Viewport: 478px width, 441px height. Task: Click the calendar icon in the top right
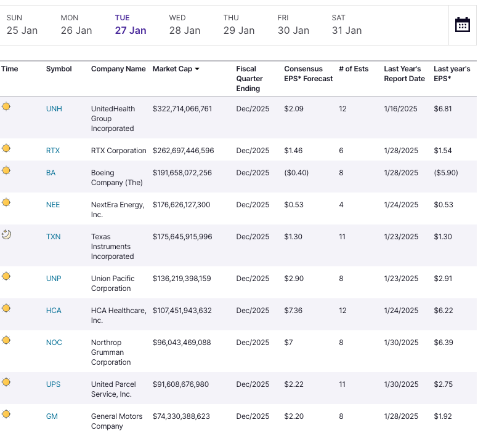click(x=462, y=25)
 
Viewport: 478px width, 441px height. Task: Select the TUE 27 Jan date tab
click(x=131, y=25)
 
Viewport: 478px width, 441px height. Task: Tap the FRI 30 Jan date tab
click(x=293, y=25)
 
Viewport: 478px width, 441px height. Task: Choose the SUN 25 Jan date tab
click(x=22, y=25)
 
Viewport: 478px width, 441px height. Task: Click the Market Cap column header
click(x=176, y=69)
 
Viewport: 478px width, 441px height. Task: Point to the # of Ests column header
click(x=354, y=69)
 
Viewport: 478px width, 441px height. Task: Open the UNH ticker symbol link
click(x=54, y=109)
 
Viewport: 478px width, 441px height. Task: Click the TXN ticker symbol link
click(x=54, y=237)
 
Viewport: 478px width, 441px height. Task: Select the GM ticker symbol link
click(x=52, y=416)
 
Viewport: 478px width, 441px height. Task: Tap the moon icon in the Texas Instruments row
click(x=6, y=234)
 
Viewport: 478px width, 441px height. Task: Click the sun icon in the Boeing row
click(x=6, y=170)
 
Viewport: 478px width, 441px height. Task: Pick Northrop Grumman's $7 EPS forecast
click(x=289, y=343)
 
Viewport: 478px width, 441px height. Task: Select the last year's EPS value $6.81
click(x=443, y=109)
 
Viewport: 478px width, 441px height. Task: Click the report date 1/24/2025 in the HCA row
click(x=400, y=311)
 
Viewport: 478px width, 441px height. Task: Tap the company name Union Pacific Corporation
click(x=113, y=284)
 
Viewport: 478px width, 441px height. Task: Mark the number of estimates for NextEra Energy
click(x=341, y=205)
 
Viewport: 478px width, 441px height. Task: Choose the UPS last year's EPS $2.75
click(x=443, y=384)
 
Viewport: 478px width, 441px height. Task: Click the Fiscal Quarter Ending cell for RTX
click(x=253, y=151)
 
